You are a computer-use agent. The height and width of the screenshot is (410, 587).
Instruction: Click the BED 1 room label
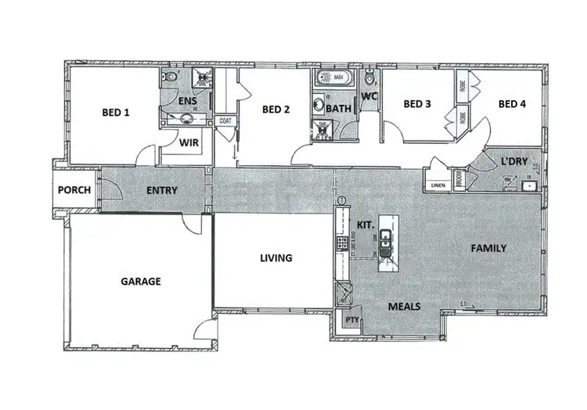(115, 113)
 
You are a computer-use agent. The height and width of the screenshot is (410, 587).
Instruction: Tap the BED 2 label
(276, 110)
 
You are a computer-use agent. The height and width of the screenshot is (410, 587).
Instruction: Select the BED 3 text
(417, 104)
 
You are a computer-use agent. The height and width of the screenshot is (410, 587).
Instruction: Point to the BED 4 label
(512, 104)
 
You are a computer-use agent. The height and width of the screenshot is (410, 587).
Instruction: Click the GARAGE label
(141, 281)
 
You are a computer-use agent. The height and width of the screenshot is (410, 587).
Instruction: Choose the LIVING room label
(276, 257)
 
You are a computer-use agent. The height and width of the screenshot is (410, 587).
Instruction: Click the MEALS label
(405, 307)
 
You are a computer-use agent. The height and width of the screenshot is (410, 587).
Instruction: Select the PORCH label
(74, 190)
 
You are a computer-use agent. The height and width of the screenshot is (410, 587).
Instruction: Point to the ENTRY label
(161, 190)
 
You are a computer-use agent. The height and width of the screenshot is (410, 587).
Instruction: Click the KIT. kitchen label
(365, 225)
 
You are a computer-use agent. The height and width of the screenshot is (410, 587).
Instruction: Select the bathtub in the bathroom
(337, 78)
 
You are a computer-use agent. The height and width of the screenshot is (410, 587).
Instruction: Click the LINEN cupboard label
(437, 185)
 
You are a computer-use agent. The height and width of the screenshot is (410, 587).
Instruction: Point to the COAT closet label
(225, 120)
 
